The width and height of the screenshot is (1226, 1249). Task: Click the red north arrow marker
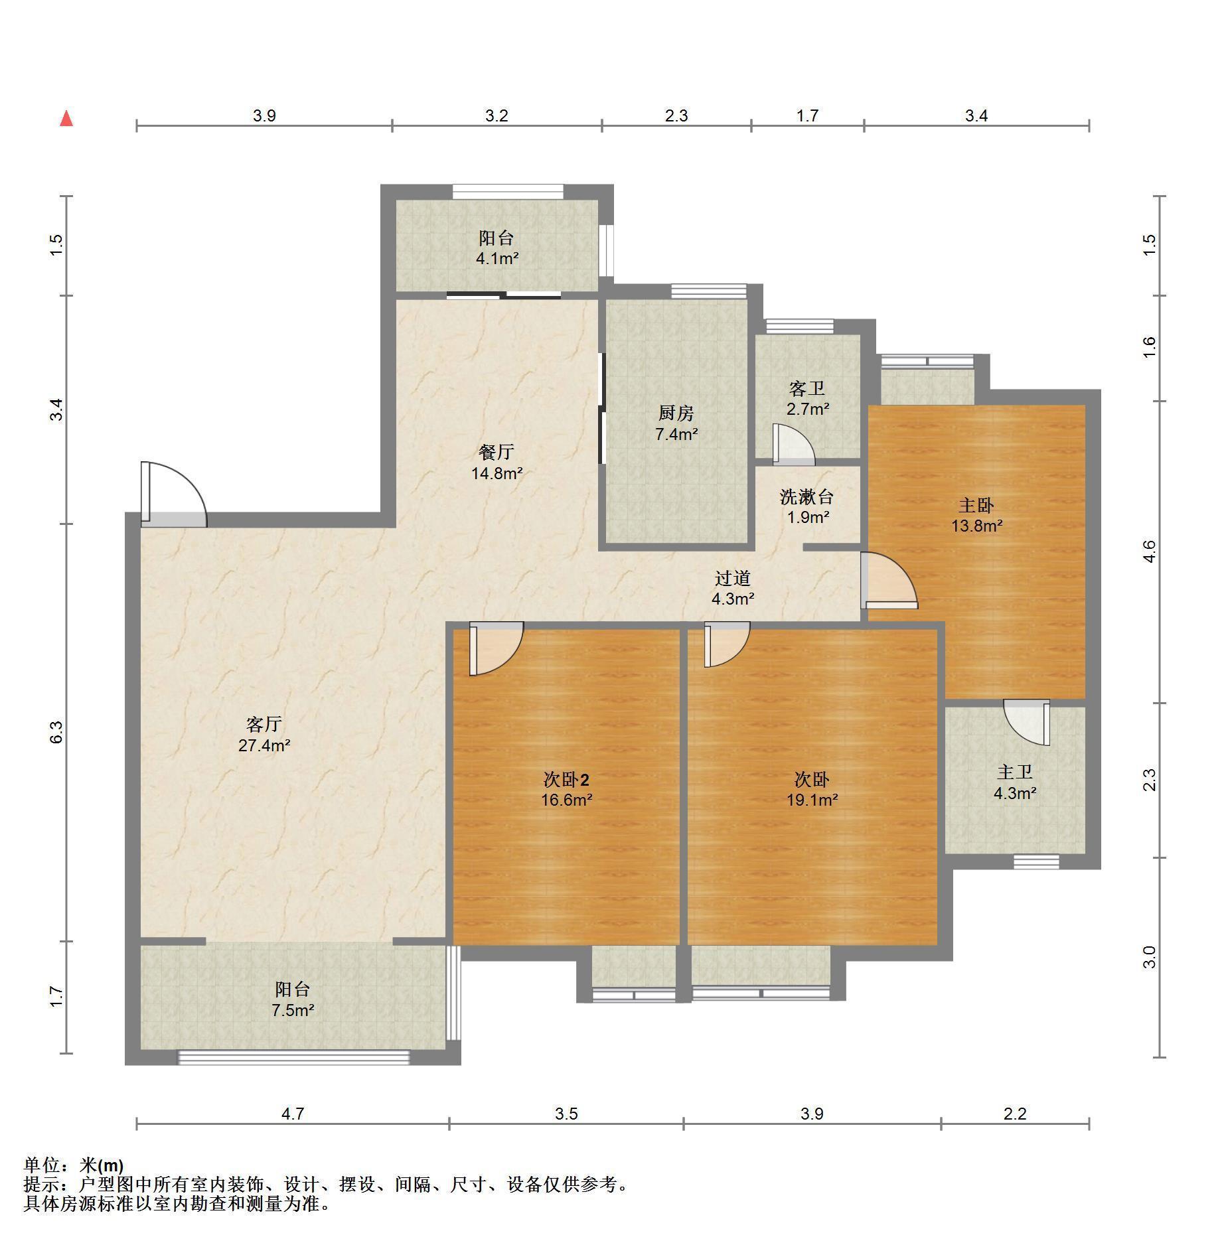point(66,119)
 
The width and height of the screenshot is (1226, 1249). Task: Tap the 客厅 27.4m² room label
point(264,734)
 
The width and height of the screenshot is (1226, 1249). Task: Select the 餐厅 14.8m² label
point(497,463)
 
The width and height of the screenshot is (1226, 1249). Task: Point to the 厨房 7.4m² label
point(676,423)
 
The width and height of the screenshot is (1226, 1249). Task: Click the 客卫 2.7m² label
point(807,398)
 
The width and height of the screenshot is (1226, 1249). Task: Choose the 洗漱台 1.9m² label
point(807,506)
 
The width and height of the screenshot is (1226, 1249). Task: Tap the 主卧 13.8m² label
point(976,516)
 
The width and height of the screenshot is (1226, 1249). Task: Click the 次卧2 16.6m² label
point(566,789)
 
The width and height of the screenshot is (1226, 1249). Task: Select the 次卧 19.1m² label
point(812,789)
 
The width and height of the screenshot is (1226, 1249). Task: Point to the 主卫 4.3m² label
point(1015,782)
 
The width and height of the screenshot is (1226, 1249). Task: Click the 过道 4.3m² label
point(733,588)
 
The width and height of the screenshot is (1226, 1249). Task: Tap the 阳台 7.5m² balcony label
point(293,999)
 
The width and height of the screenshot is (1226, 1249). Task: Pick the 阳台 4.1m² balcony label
point(497,248)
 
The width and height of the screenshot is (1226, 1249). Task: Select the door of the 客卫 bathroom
point(794,445)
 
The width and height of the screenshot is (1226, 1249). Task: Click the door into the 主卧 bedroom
point(889,581)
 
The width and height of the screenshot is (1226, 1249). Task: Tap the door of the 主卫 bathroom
point(1026,722)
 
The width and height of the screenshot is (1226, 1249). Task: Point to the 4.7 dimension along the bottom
point(293,1114)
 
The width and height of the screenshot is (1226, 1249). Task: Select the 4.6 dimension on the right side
point(1150,551)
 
